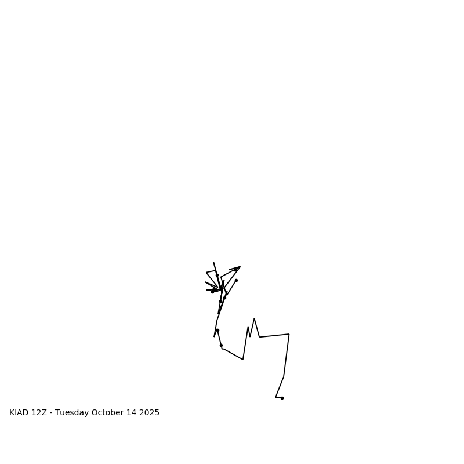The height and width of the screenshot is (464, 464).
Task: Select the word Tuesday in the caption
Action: click(x=72, y=413)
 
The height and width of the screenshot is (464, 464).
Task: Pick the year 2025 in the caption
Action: click(x=149, y=413)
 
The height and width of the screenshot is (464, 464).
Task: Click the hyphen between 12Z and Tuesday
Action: click(x=51, y=413)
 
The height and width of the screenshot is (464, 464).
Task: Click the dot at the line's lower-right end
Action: click(x=282, y=398)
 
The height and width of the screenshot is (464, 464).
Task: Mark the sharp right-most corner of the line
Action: click(x=289, y=334)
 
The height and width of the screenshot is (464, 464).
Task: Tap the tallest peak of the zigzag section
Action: click(x=254, y=318)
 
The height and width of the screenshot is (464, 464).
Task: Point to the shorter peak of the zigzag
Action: click(x=248, y=327)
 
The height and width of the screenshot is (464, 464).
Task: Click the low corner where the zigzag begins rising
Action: click(x=242, y=359)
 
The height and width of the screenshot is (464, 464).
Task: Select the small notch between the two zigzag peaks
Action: click(x=250, y=336)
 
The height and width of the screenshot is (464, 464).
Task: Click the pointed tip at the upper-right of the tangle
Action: click(x=240, y=267)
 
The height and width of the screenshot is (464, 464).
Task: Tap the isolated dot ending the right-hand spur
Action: click(x=236, y=280)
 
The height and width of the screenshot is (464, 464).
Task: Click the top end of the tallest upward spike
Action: click(x=213, y=262)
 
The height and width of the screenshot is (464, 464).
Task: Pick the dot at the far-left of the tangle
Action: click(x=212, y=292)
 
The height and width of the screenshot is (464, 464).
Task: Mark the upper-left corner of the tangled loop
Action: click(x=206, y=272)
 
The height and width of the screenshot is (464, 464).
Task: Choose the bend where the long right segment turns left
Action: click(x=284, y=377)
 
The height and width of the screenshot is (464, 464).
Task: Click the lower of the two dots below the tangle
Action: click(x=221, y=345)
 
